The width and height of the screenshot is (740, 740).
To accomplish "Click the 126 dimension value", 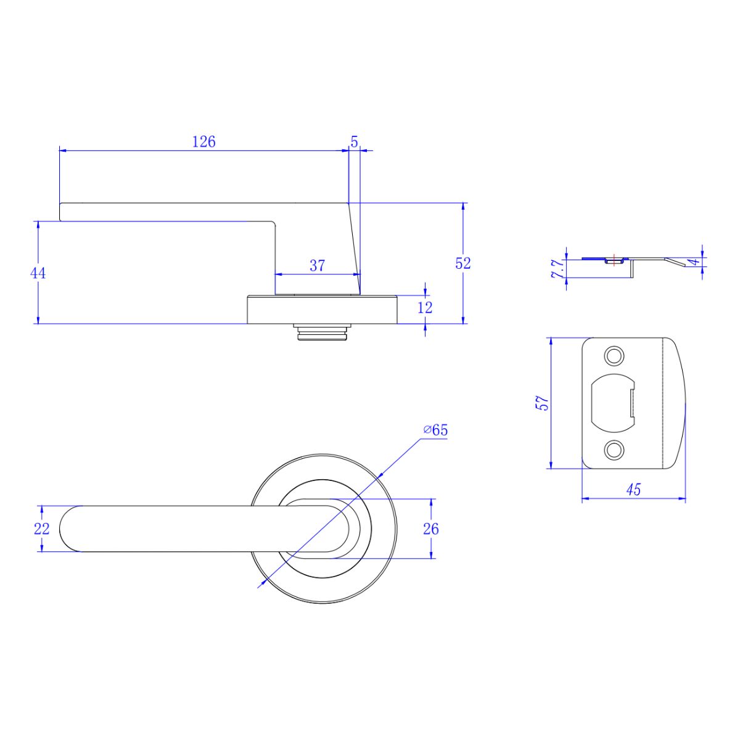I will (204, 142).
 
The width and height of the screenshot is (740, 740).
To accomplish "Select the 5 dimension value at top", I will (354, 141).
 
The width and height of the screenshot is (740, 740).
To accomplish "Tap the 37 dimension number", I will (317, 266).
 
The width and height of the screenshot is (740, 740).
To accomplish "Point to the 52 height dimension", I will (463, 263).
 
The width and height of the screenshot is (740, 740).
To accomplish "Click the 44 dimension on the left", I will (38, 273).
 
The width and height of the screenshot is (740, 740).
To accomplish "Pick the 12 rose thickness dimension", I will (425, 307).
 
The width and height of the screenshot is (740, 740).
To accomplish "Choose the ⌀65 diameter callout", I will (435, 430).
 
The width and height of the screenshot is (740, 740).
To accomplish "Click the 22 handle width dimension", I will (41, 529).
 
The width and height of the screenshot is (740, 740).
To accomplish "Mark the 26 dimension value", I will (431, 528).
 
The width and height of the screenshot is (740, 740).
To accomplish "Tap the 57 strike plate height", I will (542, 403).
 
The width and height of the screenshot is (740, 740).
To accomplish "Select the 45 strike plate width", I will (633, 490).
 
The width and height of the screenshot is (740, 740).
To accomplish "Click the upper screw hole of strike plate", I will (614, 356).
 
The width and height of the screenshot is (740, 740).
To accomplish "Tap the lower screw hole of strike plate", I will (614, 450).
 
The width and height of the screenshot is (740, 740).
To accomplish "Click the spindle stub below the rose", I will (322, 332).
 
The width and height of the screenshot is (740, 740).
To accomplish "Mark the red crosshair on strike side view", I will (612, 258).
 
